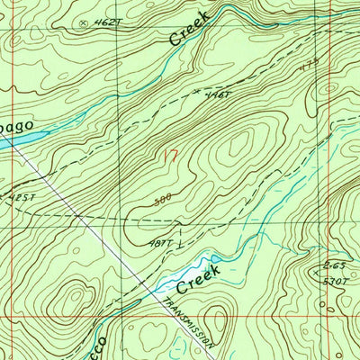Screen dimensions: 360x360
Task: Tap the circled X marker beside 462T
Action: pos(84,19)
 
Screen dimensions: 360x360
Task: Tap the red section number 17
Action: pos(167,154)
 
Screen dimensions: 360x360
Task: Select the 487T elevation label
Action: pos(161,243)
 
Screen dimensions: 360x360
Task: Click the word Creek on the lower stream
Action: pos(193,282)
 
